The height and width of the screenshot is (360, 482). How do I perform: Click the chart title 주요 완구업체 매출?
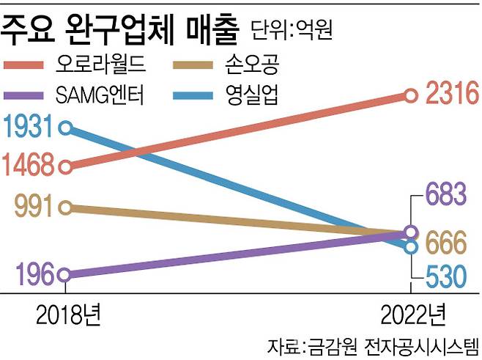point(121,28)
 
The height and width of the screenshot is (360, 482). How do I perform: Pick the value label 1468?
point(29,165)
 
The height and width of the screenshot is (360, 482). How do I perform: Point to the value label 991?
point(34,207)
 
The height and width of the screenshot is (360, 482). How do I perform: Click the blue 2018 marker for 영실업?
point(64,129)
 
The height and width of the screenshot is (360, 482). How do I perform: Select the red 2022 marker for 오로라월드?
point(411,95)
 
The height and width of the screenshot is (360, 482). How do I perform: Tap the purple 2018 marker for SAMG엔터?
point(64,276)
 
